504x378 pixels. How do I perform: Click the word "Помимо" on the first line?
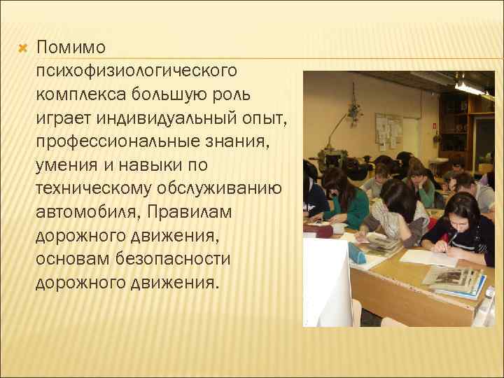71,48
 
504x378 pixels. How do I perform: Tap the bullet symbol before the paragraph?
22,48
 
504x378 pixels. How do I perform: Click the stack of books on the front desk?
455,281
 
